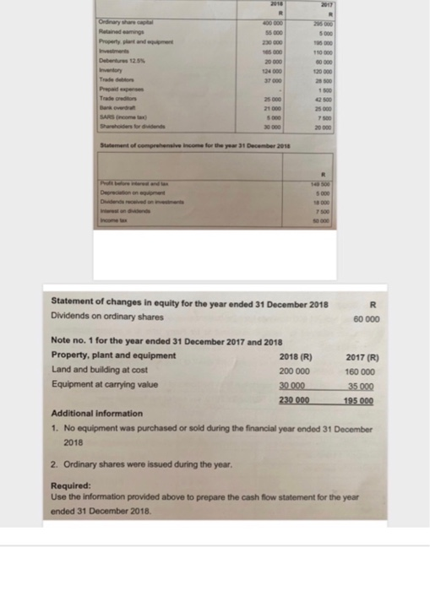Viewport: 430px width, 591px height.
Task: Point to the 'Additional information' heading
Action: [97, 414]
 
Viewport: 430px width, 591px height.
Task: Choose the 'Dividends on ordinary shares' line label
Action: [103, 317]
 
